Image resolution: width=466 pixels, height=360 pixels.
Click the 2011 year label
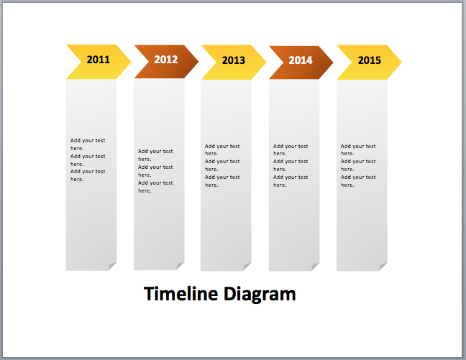99,60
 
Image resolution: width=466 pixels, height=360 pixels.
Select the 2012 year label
165,60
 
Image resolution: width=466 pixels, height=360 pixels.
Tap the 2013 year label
233,60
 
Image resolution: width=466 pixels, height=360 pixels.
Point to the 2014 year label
301,60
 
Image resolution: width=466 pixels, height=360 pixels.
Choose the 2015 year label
369,60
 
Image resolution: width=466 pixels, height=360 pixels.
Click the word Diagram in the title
259,294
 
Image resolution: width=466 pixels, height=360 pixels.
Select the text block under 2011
88,160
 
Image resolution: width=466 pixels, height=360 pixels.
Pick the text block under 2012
155,171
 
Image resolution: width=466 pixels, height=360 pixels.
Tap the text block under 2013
222,165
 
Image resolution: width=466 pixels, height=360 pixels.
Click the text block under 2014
291,165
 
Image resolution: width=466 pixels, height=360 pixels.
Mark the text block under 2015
358,165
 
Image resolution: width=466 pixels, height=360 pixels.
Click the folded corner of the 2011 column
112,267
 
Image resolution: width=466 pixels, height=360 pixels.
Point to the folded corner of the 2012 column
180,267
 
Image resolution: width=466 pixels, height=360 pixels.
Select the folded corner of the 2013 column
247,267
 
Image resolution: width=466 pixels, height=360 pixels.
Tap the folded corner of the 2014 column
315,267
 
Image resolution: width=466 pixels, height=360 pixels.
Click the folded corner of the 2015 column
383,267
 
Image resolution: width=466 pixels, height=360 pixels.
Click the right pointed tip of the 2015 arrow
400,62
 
